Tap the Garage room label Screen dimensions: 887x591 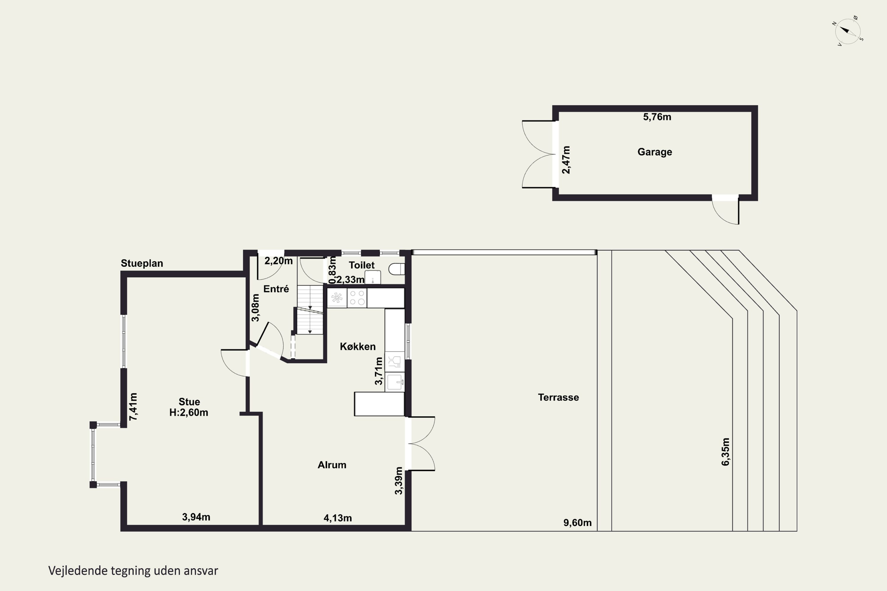pos(655,152)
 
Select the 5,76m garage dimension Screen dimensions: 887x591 pos(657,117)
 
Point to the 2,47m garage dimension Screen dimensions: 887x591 pos(566,160)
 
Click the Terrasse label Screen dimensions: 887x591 pos(558,397)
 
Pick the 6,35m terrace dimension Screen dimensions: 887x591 pos(726,452)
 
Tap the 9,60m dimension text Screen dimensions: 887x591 pos(577,523)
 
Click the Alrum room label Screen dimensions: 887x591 pos(332,465)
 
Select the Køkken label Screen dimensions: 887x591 pos(357,347)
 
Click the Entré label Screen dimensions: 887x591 pos(276,289)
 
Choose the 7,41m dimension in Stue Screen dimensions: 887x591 pos(133,407)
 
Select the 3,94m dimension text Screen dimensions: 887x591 pos(196,517)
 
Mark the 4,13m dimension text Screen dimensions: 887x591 pos(338,518)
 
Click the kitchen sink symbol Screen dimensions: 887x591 pos(395,382)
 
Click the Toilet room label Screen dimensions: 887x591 pos(362,265)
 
